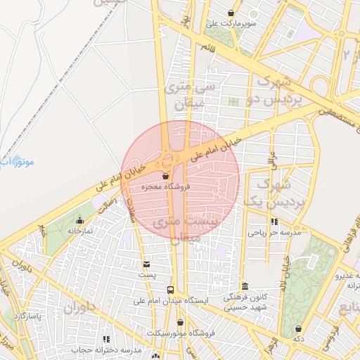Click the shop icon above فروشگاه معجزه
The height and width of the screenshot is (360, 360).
[x=166, y=176]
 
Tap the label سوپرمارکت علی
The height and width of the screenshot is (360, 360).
[x=231, y=23]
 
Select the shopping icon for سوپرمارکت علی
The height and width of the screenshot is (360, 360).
[x=231, y=13]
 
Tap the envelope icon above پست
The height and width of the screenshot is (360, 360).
[x=146, y=264]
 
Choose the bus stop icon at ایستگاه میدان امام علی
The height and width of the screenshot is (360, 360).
[x=171, y=290]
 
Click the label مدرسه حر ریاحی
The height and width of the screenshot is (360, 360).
[x=274, y=231]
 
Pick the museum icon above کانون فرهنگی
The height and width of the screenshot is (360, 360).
[x=244, y=287]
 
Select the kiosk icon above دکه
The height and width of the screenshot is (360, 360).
[x=299, y=328]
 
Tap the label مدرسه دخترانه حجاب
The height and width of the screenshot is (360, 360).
[x=105, y=349]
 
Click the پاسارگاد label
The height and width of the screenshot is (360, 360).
[x=28, y=317]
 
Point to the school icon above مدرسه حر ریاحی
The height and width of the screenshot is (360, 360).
[x=274, y=221]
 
